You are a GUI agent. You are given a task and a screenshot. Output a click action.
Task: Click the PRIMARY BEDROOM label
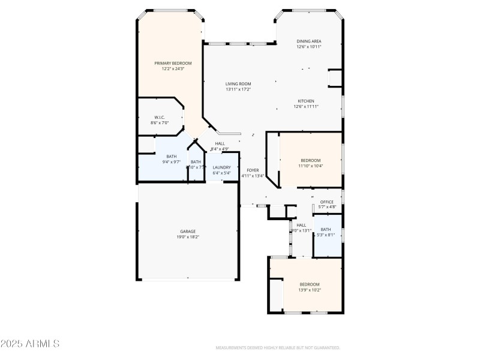coord(173,63)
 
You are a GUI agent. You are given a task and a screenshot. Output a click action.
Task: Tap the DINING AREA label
coord(309,41)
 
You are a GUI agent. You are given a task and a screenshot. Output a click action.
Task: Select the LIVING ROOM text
coord(238,84)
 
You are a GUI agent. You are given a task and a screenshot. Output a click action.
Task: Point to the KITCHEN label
coord(306,101)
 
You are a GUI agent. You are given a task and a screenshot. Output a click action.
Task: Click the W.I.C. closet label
coord(159,117)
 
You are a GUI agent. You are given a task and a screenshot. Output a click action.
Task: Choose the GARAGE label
coord(188,231)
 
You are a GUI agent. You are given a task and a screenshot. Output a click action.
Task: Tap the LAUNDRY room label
coord(221,167)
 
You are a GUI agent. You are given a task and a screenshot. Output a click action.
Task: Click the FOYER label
coord(253,170)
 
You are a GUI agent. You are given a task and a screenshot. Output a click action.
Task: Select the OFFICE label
coord(327,202)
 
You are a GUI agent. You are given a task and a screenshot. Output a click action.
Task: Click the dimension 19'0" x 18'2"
coord(188,237)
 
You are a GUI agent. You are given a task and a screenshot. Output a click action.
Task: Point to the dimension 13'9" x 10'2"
coord(310,290)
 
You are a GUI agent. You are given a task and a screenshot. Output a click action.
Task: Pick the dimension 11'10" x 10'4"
coord(311,166)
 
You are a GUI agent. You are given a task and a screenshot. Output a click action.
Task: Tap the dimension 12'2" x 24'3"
coord(173,68)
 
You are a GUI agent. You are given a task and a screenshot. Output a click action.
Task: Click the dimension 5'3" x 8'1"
coord(326,235)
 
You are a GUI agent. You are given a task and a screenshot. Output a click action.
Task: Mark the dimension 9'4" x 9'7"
coord(172,162)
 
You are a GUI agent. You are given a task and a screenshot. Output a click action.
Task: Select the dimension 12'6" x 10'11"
coord(309,46)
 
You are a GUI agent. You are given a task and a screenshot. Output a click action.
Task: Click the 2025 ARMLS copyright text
coord(30,344)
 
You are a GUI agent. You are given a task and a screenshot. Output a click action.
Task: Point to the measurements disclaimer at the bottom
coord(278,347)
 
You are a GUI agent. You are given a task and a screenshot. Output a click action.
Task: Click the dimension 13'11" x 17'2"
coord(238,89)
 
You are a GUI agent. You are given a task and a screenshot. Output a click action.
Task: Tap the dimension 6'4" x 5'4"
coord(221,173)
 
